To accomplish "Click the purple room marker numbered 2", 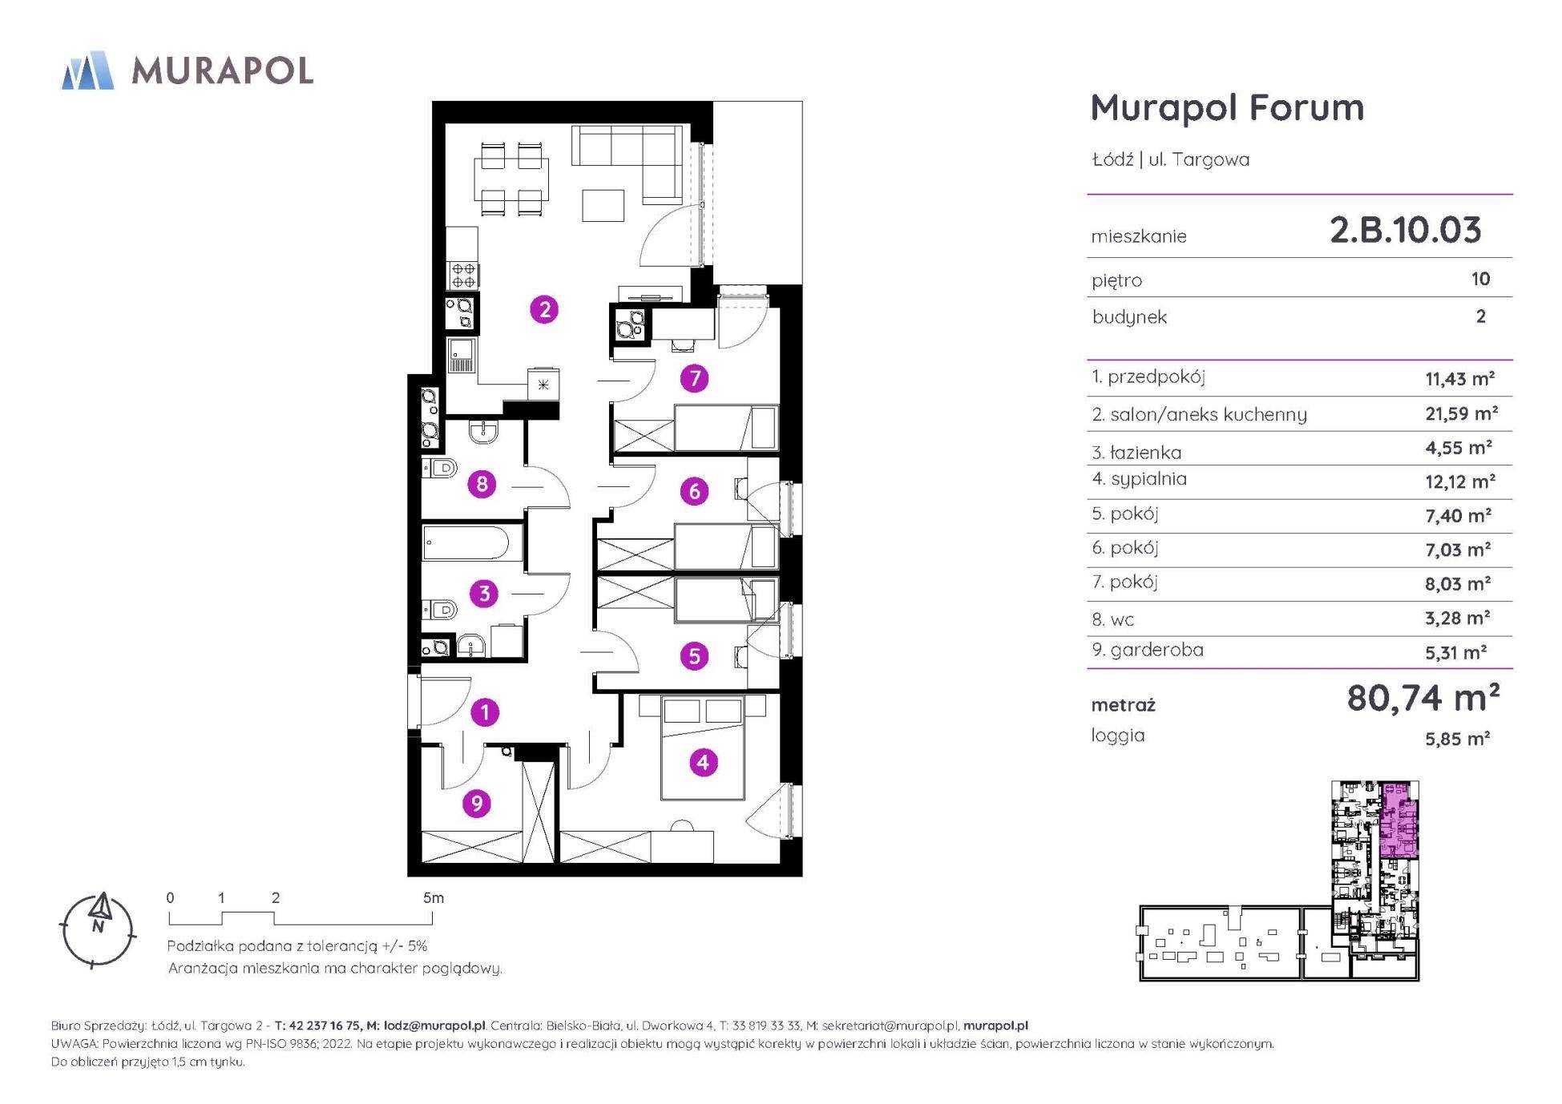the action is coord(545,309).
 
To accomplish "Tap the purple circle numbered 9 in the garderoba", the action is coord(477,803).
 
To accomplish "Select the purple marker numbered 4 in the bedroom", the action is coord(703,762).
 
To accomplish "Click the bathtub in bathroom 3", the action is coord(466,543).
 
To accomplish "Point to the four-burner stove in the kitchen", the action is coord(463,275).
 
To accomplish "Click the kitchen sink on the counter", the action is coord(462,356).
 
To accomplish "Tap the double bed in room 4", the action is coord(703,747).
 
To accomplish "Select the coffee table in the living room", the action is coord(603,204).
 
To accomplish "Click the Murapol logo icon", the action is coord(87,70).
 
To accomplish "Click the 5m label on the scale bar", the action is coord(433,898).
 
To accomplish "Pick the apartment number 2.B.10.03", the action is coord(1405,230).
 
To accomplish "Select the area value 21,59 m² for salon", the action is coord(1460,413).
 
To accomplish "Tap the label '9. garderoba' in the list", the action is coord(1147,650).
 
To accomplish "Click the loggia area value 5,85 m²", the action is coord(1457,739).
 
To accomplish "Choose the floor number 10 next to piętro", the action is coord(1480,279).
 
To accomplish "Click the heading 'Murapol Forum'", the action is coord(1227,107).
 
